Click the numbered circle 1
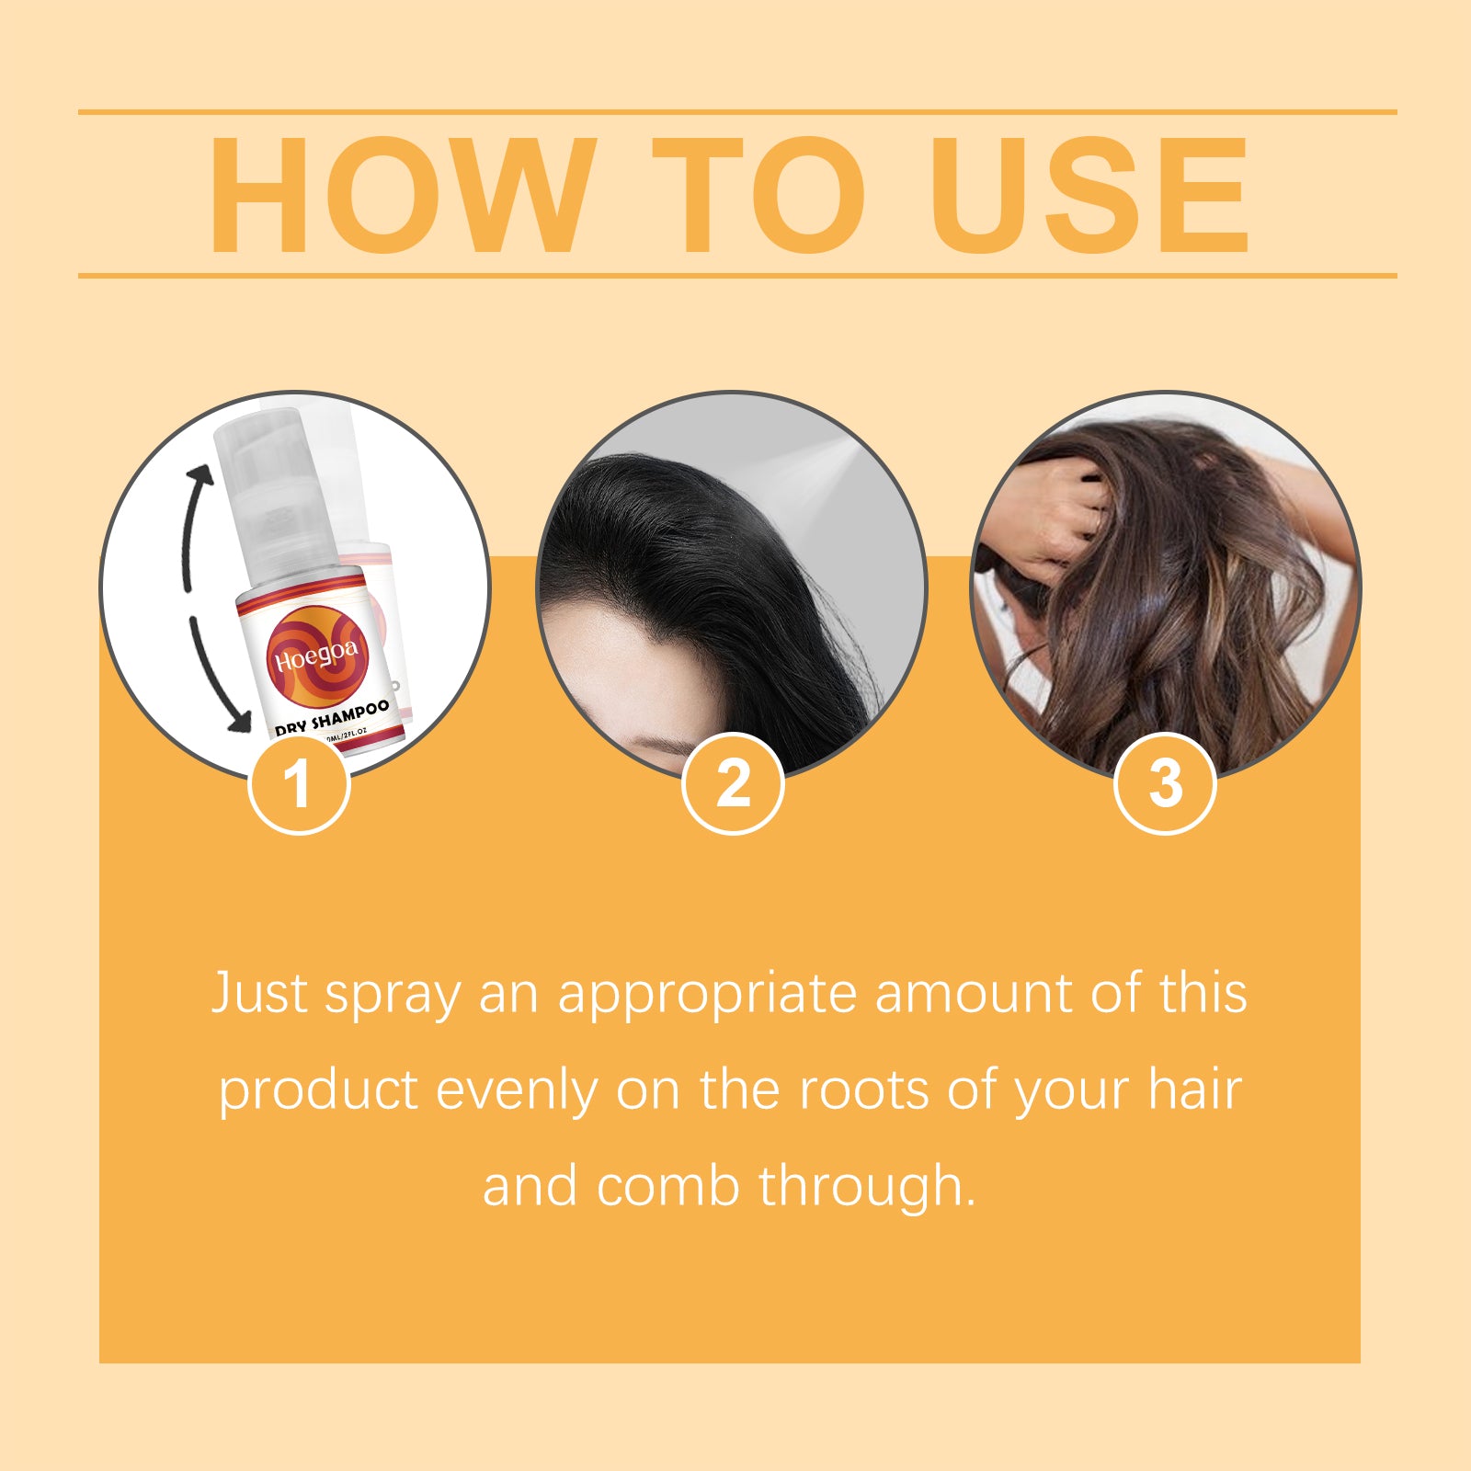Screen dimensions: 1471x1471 tap(299, 784)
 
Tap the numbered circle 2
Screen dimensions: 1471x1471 tap(733, 784)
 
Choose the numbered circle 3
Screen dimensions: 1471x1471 tap(1165, 784)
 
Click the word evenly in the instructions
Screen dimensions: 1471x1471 tap(516, 1091)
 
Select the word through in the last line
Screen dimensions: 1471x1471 tap(864, 1186)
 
